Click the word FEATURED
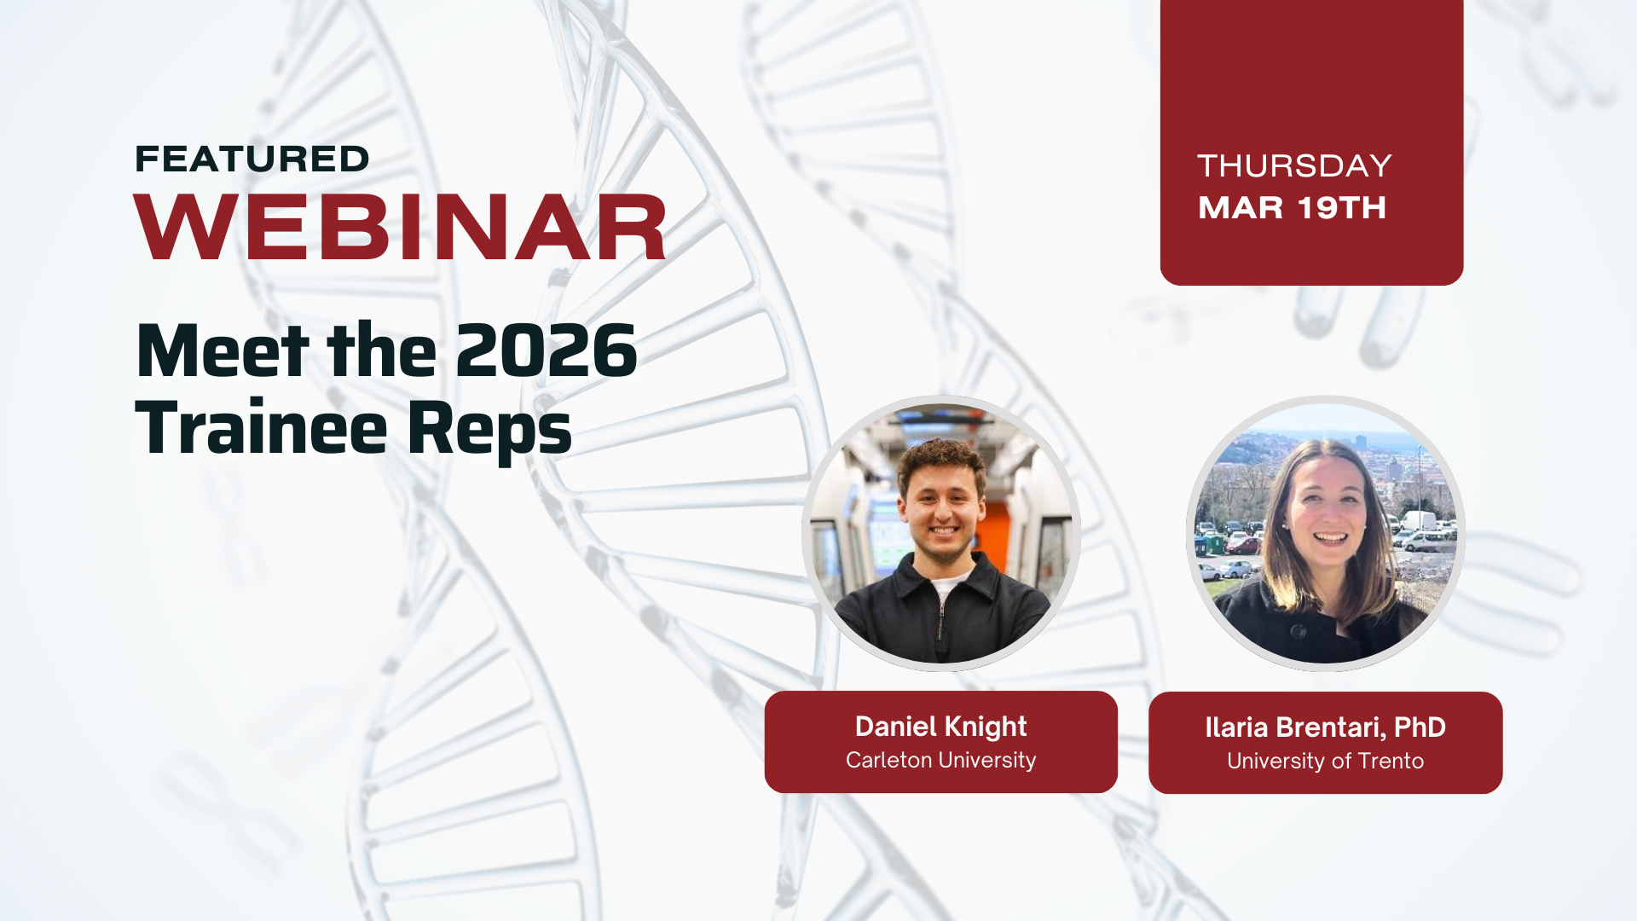point(252,159)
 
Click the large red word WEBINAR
point(400,227)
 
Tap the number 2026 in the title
point(547,350)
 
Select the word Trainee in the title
point(262,427)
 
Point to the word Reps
point(489,431)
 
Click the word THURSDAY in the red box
point(1294,165)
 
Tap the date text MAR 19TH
point(1292,207)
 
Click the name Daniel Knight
point(940,727)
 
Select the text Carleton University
point(940,760)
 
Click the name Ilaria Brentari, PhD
point(1325,727)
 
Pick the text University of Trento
point(1325,761)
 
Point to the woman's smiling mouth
point(1330,539)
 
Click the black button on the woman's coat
point(1298,632)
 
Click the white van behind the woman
point(1419,519)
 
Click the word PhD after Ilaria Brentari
point(1420,727)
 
